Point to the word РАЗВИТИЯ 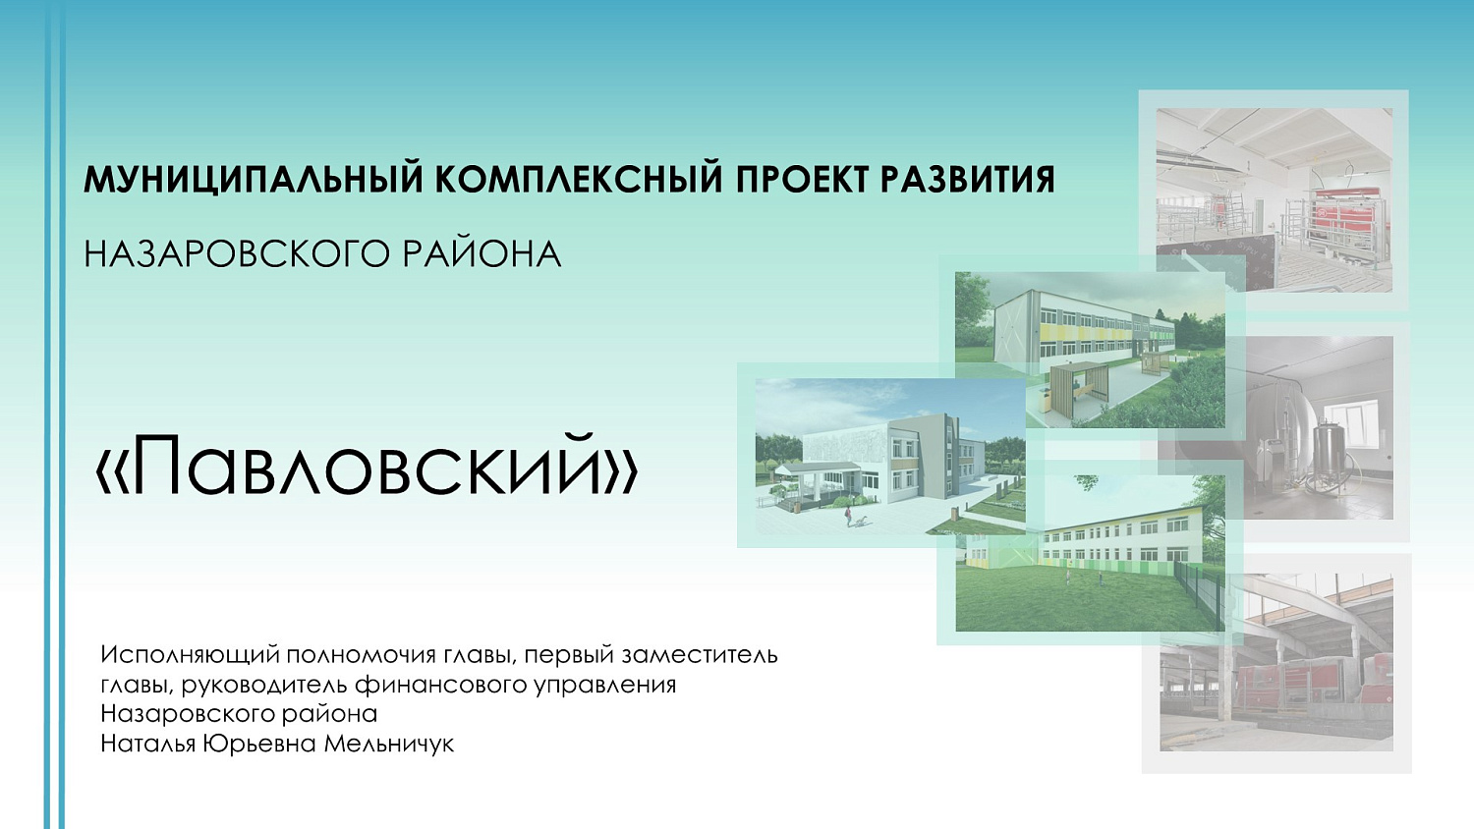pos(968,180)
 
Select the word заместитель pos(700,655)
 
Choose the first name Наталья pos(148,744)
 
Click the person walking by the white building pos(847,516)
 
